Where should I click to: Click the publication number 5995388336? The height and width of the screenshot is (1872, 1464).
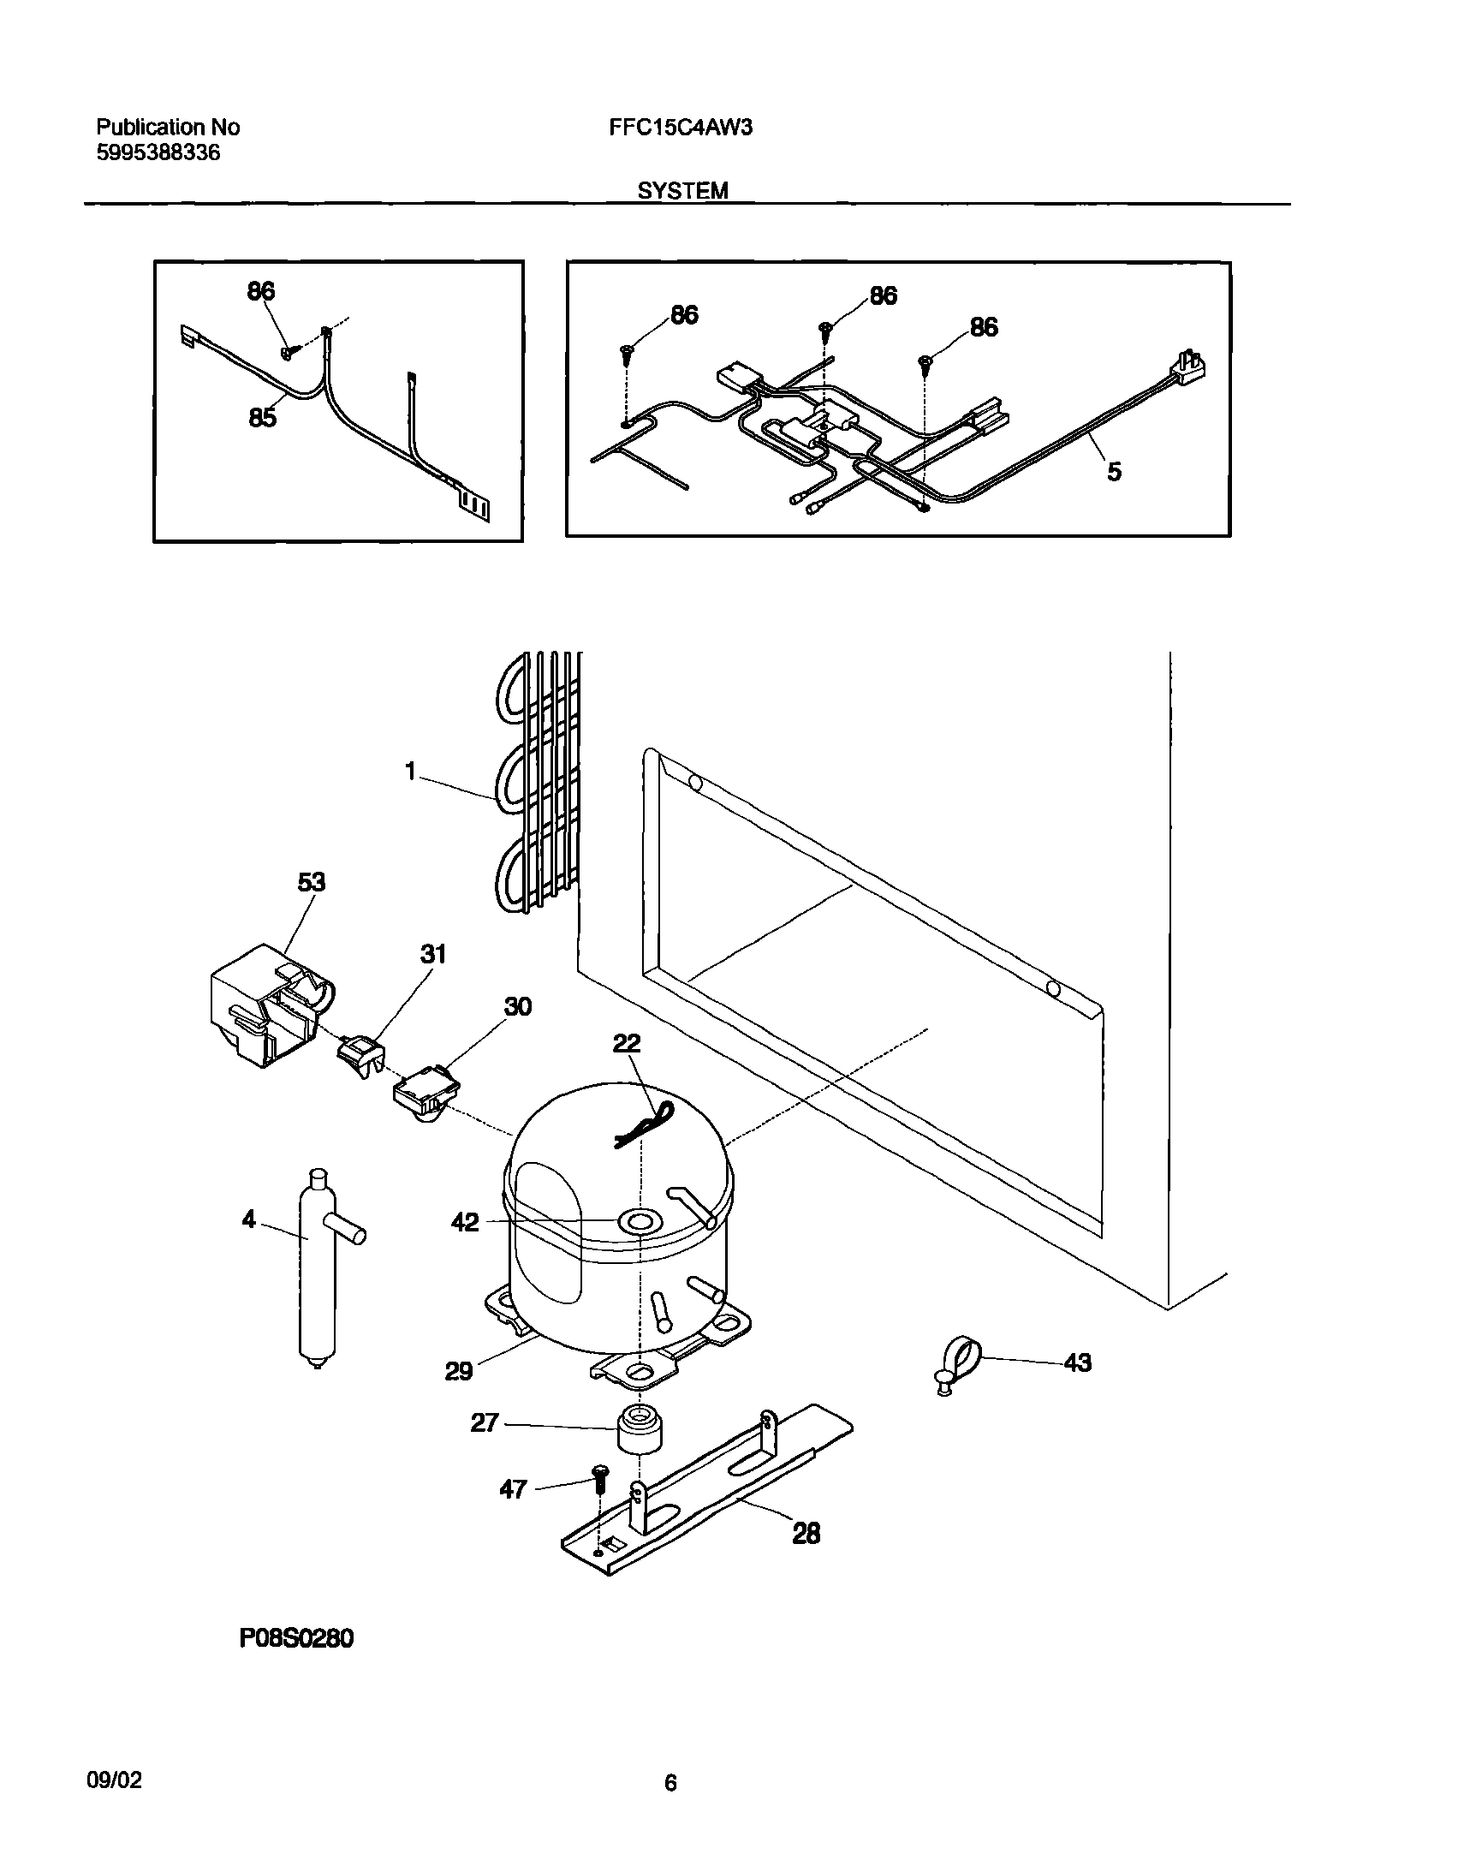pyautogui.click(x=158, y=153)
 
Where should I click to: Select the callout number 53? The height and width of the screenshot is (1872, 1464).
pyautogui.click(x=311, y=882)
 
